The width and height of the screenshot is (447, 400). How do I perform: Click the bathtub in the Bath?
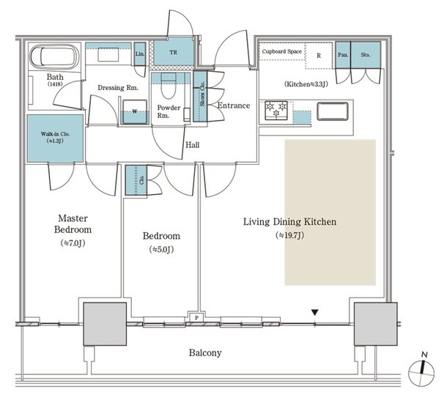[54, 58]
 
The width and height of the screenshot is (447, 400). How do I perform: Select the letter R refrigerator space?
[319, 55]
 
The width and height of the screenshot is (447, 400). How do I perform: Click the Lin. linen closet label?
[141, 53]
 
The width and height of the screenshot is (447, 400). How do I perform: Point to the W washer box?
[135, 111]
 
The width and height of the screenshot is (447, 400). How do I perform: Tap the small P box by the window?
[197, 316]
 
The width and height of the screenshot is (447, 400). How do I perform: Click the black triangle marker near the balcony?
[315, 313]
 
